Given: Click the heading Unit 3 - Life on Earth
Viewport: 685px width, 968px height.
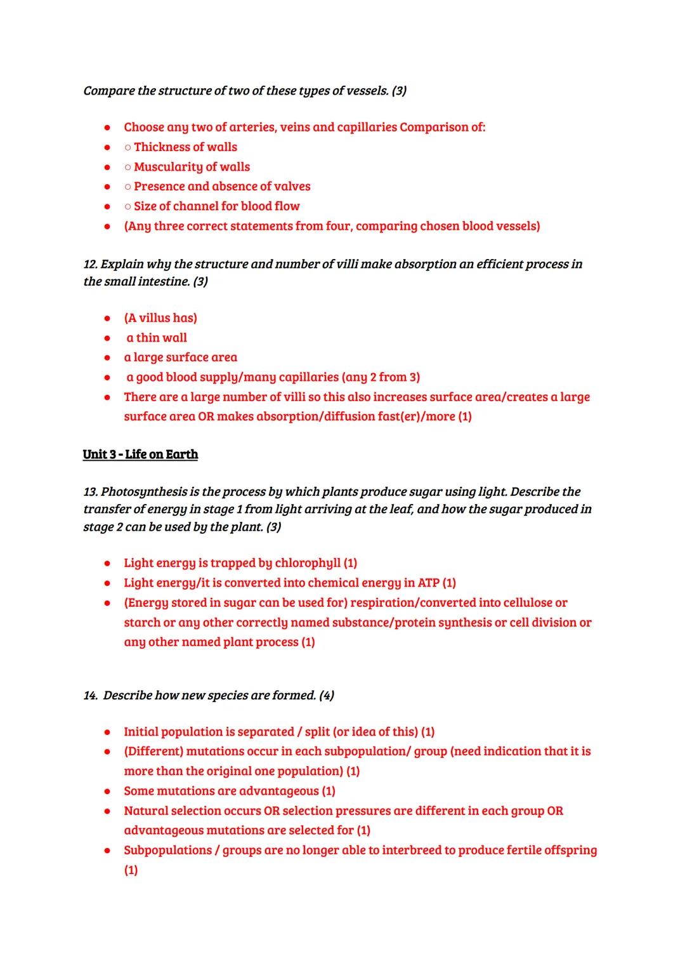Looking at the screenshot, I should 140,454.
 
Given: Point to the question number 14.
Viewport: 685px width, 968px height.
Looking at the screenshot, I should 91,696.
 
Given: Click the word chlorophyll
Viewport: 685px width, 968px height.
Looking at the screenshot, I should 308,563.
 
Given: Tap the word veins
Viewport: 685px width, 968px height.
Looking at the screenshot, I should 294,127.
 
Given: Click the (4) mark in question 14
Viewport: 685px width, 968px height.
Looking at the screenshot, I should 327,696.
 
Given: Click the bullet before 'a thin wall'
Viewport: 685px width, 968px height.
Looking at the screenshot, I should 108,338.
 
